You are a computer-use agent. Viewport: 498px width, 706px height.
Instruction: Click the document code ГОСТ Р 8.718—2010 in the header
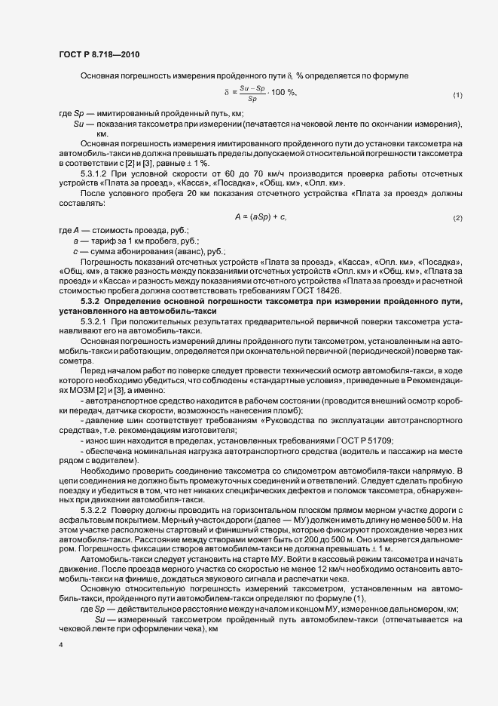pyautogui.click(x=98, y=54)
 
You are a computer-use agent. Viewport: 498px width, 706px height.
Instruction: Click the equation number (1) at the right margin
pyautogui.click(x=457, y=94)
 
